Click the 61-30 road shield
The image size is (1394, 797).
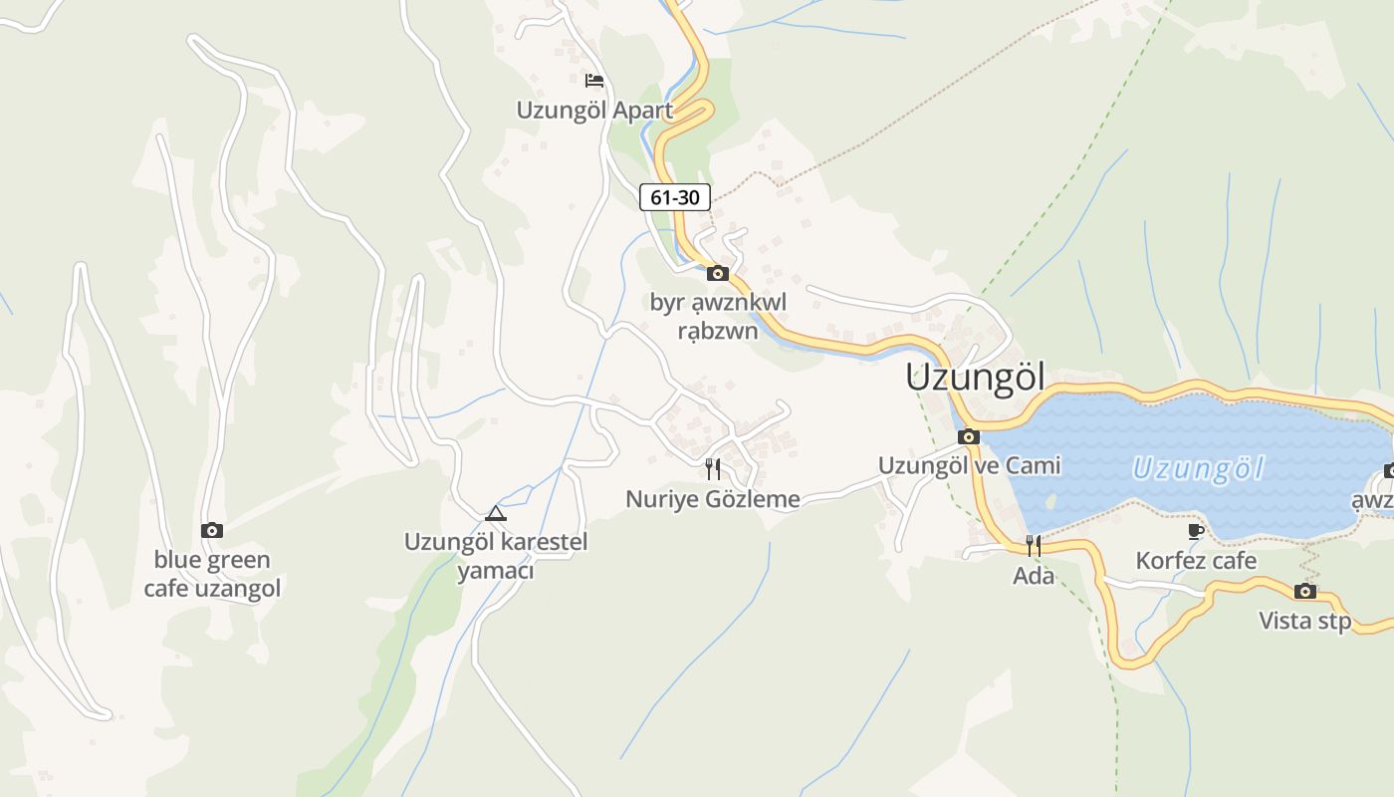click(x=674, y=197)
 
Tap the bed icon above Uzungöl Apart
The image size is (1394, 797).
click(x=594, y=81)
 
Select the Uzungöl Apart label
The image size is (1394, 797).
click(x=594, y=110)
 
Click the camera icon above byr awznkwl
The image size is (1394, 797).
click(x=717, y=273)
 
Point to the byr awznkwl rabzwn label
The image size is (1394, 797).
click(x=718, y=316)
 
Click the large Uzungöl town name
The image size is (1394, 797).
click(x=976, y=378)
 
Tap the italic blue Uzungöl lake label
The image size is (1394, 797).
click(x=1198, y=468)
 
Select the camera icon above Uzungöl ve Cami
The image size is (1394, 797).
click(x=969, y=436)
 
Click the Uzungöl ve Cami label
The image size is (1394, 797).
click(x=969, y=465)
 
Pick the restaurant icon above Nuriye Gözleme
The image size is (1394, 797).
click(x=713, y=468)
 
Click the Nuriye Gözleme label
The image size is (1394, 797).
click(x=713, y=499)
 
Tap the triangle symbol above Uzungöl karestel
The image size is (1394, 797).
click(x=496, y=514)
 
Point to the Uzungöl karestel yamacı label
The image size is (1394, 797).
click(x=496, y=556)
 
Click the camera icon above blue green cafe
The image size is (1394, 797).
click(x=212, y=530)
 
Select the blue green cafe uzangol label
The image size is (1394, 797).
click(x=212, y=574)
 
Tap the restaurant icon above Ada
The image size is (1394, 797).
click(x=1034, y=545)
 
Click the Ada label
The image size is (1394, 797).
click(x=1034, y=575)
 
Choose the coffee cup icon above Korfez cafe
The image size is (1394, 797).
click(x=1196, y=531)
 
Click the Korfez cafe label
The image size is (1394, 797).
click(x=1196, y=561)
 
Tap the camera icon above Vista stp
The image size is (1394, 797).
click(x=1305, y=592)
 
